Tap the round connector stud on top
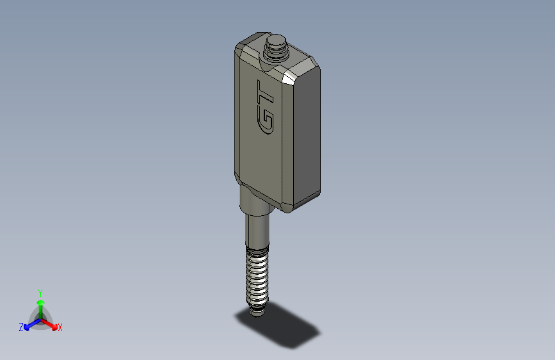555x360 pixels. click(x=276, y=46)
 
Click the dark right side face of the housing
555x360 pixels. click(x=306, y=135)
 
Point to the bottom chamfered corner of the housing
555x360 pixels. click(x=286, y=206)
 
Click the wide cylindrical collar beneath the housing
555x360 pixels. click(x=255, y=200)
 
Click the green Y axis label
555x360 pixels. click(x=40, y=292)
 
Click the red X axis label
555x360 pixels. click(x=60, y=327)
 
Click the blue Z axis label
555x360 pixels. click(x=21, y=327)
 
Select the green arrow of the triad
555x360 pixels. click(x=40, y=305)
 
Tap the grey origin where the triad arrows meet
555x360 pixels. click(x=40, y=319)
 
